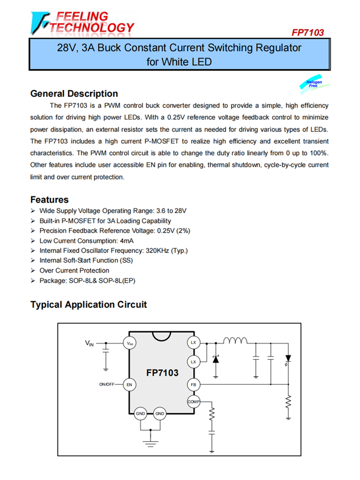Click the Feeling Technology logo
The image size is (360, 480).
click(x=82, y=22)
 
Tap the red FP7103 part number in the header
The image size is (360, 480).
click(x=308, y=33)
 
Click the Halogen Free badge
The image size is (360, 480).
click(x=315, y=84)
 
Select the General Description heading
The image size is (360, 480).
click(x=74, y=94)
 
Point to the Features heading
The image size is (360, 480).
click(x=49, y=200)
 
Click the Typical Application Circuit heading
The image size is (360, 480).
click(x=88, y=305)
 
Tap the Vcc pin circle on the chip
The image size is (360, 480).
click(x=130, y=343)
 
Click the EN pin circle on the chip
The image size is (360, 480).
click(x=129, y=384)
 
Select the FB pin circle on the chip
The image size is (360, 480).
click(x=193, y=384)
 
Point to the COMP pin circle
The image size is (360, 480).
click(x=193, y=401)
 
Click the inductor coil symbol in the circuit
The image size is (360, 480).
click(x=235, y=341)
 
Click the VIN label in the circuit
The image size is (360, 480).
click(x=89, y=343)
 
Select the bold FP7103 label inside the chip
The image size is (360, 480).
click(x=162, y=373)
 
